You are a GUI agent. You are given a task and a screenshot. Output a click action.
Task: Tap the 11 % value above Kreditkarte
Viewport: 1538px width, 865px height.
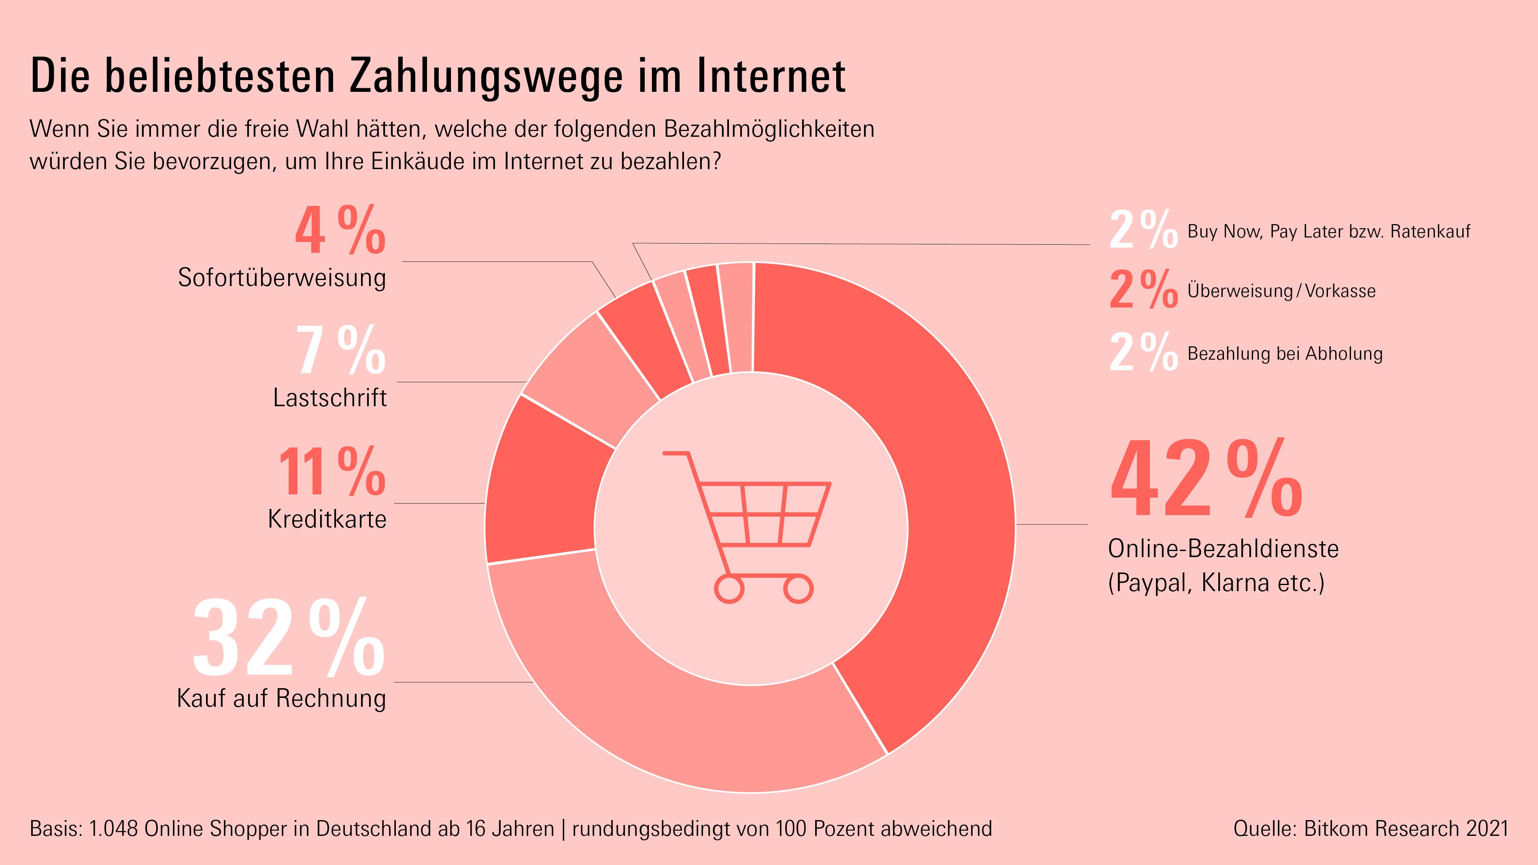coord(332,472)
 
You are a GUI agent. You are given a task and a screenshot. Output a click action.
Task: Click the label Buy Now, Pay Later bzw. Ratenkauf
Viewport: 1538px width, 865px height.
coord(1328,231)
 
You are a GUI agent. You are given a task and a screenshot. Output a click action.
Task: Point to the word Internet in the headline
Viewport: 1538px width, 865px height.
coord(771,76)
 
